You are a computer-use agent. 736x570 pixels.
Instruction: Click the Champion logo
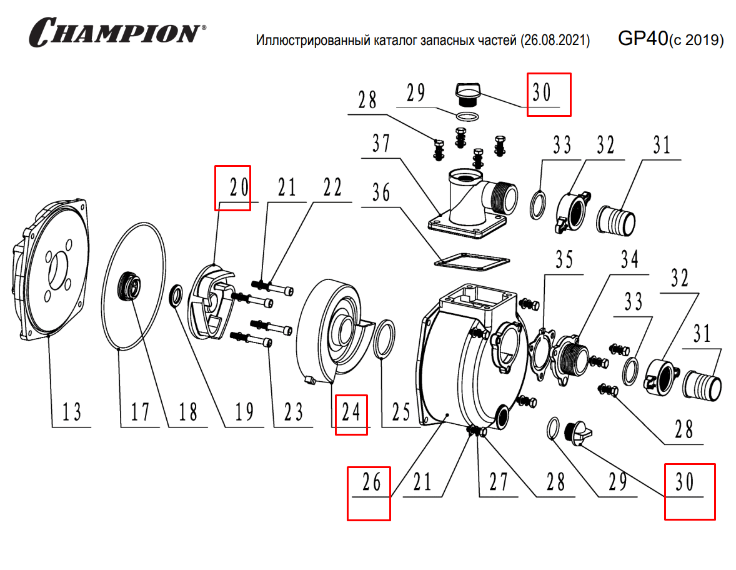coord(118,32)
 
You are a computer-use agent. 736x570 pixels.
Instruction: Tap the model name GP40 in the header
coord(642,39)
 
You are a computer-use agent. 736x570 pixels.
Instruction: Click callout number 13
coord(71,412)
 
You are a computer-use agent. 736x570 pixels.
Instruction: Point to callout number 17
coord(140,412)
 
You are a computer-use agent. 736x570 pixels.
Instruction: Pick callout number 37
coord(381,145)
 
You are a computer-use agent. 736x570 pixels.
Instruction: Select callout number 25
coord(400,412)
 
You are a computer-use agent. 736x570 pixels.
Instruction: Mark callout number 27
coord(499,482)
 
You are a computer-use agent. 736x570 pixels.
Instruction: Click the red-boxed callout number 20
coord(232,187)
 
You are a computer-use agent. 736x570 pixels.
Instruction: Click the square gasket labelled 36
coord(472,261)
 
